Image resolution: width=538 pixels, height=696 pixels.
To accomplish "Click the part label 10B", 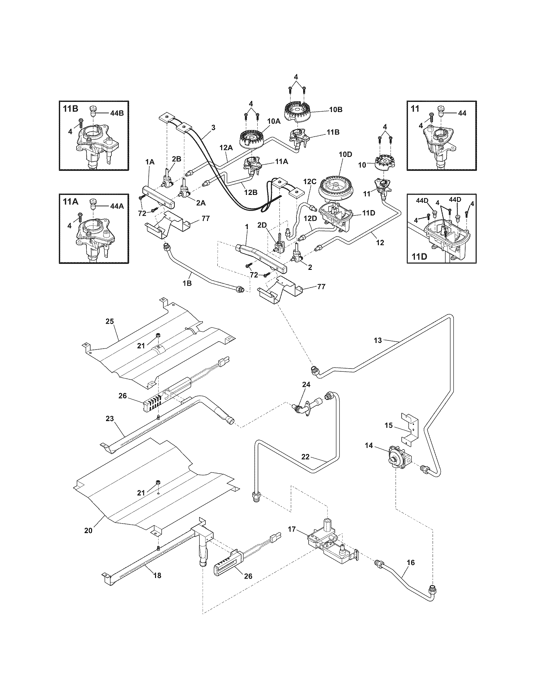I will (x=335, y=110).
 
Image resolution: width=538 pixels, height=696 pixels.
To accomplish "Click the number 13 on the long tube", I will (x=378, y=340).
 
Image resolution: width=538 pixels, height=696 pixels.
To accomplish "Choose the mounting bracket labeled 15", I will (x=410, y=427).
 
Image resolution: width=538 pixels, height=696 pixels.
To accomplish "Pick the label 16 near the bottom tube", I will (x=411, y=562).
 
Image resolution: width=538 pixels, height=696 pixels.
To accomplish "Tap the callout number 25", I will (x=109, y=321).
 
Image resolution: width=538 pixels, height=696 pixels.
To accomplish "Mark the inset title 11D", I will (x=419, y=256).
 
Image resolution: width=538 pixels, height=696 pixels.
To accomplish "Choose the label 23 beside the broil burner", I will (x=109, y=419).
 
